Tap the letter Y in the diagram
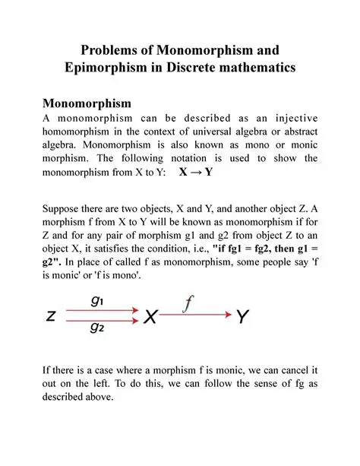(x=242, y=317)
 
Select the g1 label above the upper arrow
(x=98, y=300)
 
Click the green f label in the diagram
(x=189, y=304)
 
